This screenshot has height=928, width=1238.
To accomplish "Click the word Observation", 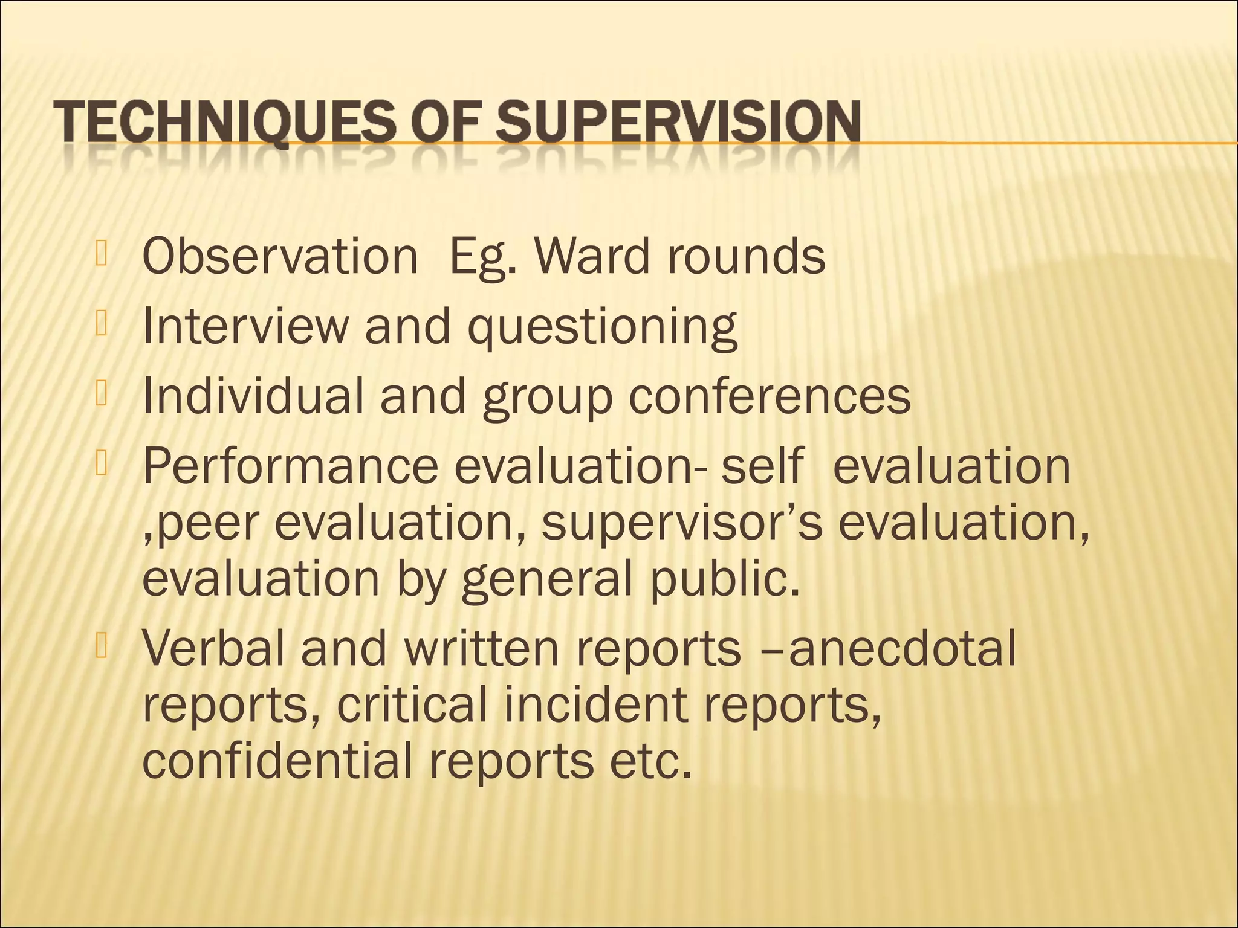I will tap(280, 256).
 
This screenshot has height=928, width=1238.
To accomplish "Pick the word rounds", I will tap(747, 256).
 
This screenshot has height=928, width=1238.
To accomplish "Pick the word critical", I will tap(412, 704).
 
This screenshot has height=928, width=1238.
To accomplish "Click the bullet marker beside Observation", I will tap(101, 254).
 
